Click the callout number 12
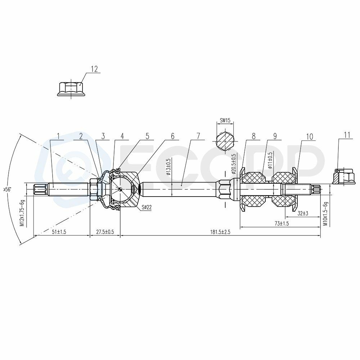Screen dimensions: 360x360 click(x=94, y=69)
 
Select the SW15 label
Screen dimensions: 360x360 click(x=225, y=121)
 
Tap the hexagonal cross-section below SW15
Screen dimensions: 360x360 click(x=225, y=141)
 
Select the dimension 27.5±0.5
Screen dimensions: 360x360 click(x=105, y=232)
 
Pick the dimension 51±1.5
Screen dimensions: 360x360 click(x=59, y=232)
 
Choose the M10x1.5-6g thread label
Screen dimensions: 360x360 click(x=325, y=213)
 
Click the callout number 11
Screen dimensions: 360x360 click(x=347, y=135)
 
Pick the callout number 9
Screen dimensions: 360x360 click(x=275, y=136)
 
